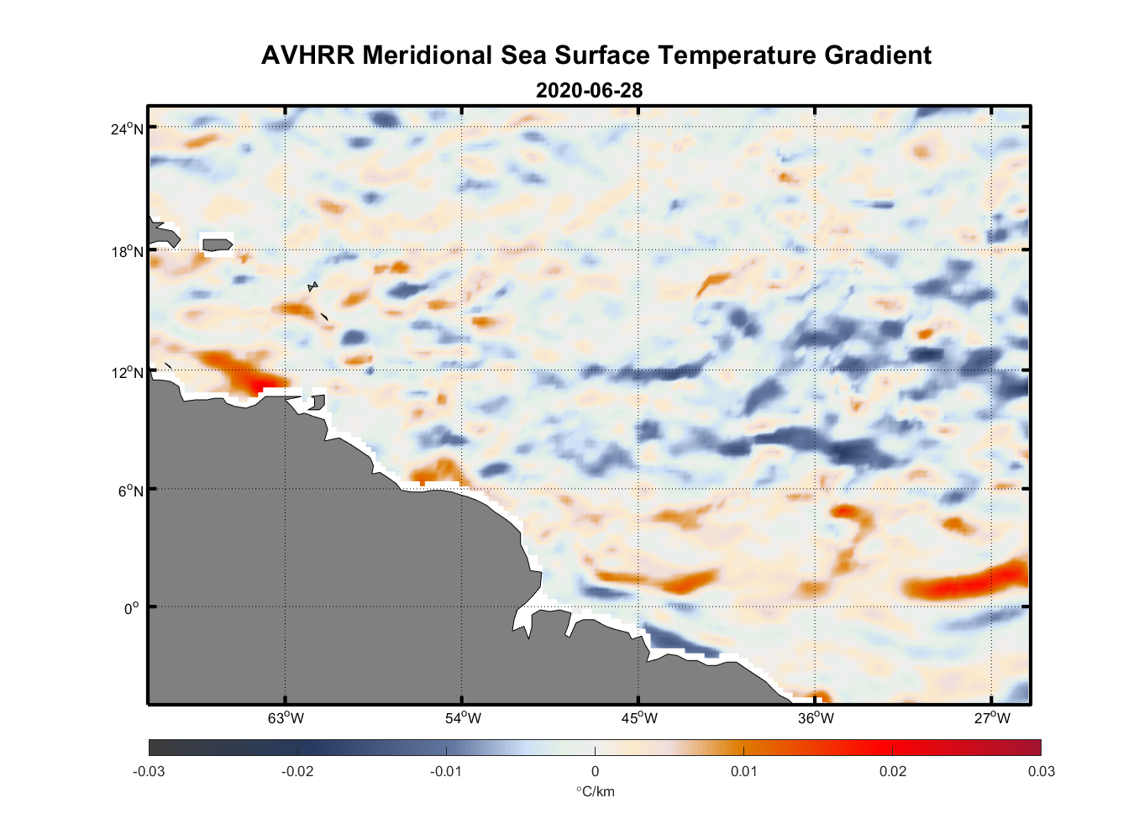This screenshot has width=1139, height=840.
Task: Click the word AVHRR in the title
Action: [307, 55]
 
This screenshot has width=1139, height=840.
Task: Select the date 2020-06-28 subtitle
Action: [589, 90]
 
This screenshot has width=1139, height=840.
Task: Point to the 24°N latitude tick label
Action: [126, 129]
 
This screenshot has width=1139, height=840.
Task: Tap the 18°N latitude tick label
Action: [126, 251]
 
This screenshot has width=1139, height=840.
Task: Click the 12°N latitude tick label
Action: [126, 372]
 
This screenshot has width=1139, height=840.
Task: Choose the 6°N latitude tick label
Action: [129, 491]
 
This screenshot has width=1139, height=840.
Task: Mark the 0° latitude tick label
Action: [132, 608]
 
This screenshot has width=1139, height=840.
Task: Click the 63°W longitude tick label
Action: [286, 718]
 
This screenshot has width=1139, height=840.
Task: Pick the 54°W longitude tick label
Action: [463, 718]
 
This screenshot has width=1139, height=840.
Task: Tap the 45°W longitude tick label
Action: [639, 718]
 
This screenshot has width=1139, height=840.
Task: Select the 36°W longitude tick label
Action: [816, 718]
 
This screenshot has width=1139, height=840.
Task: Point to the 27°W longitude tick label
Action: [992, 718]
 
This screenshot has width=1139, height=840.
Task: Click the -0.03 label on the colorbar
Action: [149, 771]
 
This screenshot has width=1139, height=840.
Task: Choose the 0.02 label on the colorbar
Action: [893, 771]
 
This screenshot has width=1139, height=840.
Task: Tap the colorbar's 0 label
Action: [595, 771]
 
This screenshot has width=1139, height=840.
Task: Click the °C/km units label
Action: [595, 791]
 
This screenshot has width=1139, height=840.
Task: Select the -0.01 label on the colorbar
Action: [445, 771]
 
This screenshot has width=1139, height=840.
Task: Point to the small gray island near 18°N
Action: [217, 245]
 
